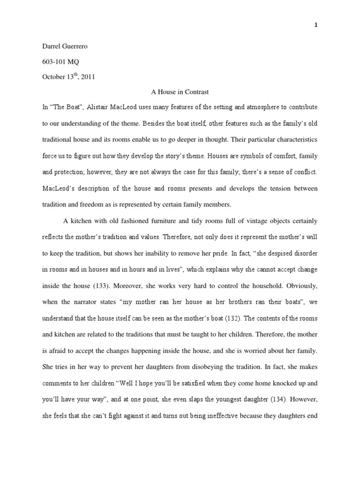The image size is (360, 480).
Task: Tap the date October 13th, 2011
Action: [x=68, y=77]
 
